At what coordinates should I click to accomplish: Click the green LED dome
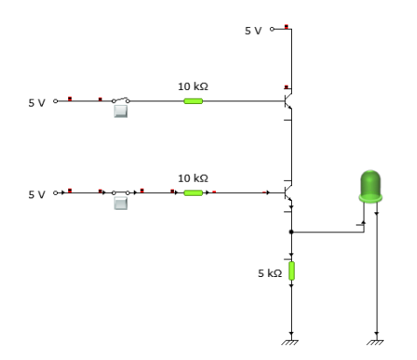pos(371,186)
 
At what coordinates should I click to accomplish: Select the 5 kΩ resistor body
pos(291,271)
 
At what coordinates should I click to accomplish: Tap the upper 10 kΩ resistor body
pos(193,101)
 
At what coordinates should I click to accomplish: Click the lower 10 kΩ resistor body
pos(193,193)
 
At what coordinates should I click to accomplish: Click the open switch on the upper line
pos(121,100)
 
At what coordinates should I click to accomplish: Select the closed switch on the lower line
pos(121,192)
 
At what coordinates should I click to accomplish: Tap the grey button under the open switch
pos(121,111)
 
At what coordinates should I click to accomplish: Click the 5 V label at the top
pos(254,31)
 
